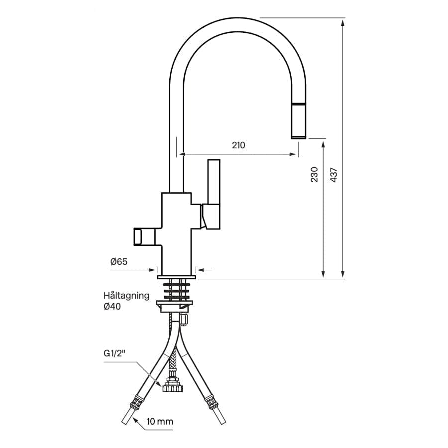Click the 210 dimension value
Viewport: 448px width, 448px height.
238,145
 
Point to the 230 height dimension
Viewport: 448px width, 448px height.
314,175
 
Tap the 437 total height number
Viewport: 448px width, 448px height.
334,175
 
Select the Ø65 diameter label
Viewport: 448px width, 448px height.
119,261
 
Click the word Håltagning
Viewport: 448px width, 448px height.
126,296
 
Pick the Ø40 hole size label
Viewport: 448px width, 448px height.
112,307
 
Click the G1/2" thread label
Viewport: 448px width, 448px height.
114,353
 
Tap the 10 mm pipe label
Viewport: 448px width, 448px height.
160,422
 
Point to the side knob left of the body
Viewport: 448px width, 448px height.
144,236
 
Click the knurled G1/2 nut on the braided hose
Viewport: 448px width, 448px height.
172,388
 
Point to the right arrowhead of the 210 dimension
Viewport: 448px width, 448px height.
294,154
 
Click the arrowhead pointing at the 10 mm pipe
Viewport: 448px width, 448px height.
135,421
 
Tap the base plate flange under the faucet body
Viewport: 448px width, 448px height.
176,277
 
